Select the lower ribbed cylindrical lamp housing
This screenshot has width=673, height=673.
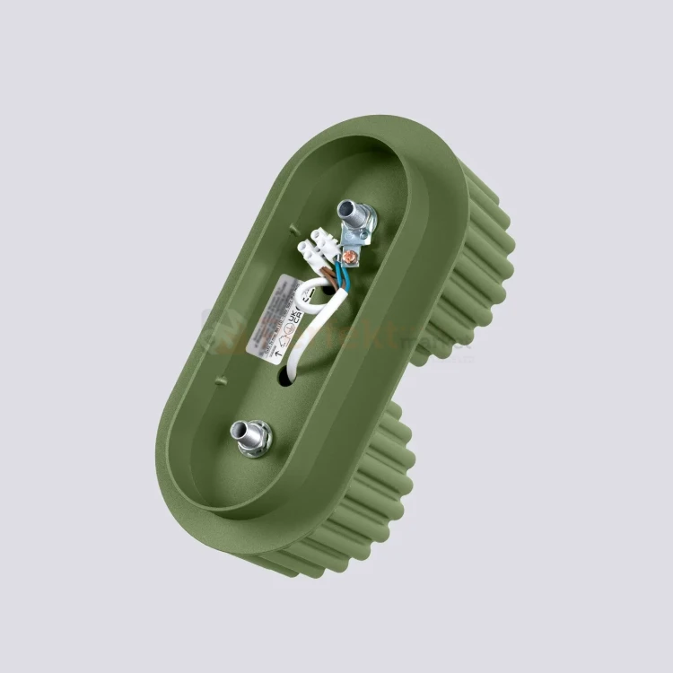[359, 503]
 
